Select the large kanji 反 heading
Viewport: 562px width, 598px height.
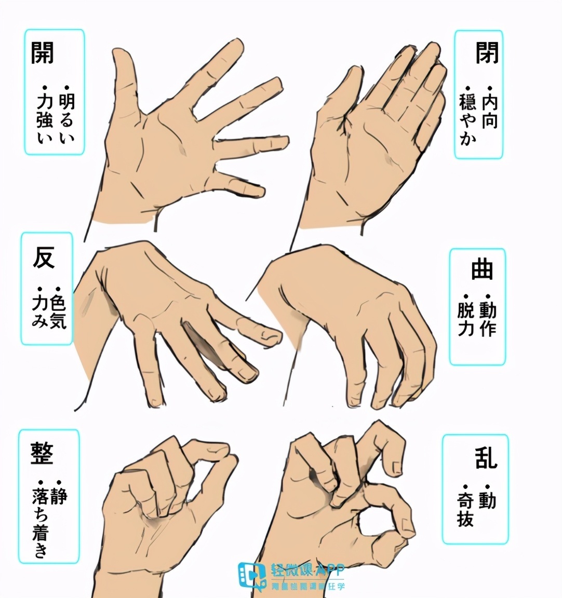(44, 258)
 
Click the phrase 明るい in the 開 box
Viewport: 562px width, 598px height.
(67, 118)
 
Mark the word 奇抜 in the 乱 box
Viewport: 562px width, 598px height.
(465, 509)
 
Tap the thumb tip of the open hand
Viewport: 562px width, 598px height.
(125, 57)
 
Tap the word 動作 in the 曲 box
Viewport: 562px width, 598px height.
(488, 320)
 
